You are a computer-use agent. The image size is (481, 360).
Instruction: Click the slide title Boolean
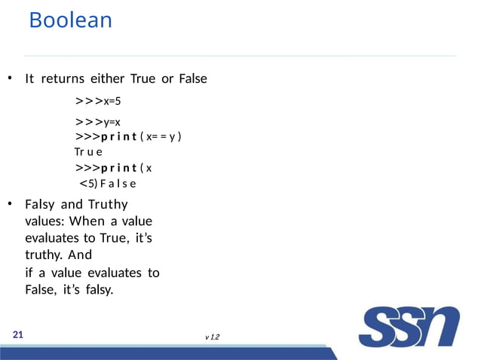pos(70,20)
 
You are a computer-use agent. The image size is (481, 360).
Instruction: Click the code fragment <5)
pos(89,182)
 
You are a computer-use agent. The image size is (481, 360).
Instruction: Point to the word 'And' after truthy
pos(80,255)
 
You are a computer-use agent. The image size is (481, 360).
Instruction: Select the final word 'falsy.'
pos(98,289)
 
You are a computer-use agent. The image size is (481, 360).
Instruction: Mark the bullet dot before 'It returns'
pos(10,79)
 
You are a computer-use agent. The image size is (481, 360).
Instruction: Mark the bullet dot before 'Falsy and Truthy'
pos(10,205)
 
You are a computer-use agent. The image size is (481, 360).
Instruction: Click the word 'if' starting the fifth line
pos(29,273)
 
